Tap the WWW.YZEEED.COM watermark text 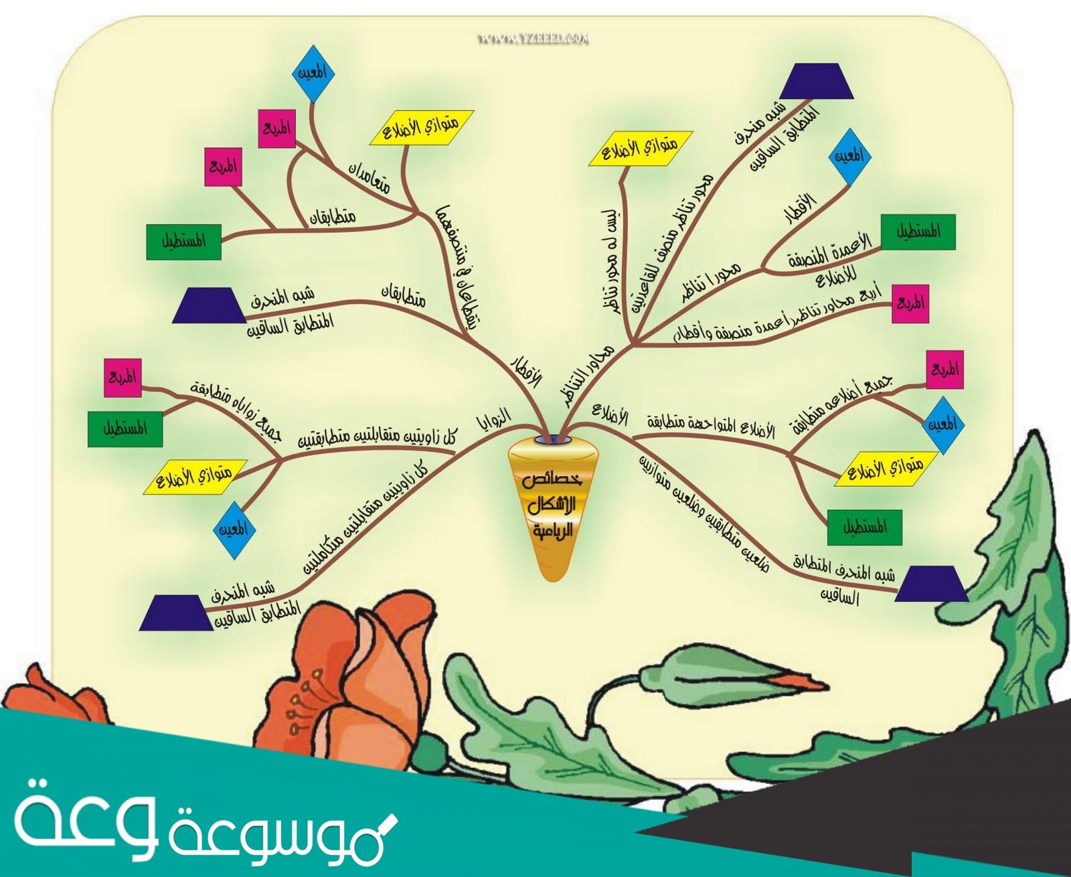(534, 39)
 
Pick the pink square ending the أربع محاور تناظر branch (913, 303)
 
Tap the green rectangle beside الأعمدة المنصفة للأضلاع (917, 232)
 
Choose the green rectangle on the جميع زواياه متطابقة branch (126, 428)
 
